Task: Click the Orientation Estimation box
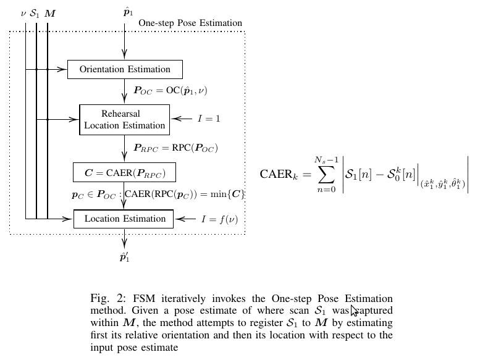124,69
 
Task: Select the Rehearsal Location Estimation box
124,119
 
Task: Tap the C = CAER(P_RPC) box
124,171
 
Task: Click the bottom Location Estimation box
124,219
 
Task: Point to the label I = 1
209,119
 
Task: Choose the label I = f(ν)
219,219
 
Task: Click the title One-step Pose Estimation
190,23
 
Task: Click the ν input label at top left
23,12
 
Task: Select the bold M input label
49,12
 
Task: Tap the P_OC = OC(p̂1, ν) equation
171,90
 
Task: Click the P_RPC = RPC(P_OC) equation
175,148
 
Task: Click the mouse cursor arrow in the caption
354,311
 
